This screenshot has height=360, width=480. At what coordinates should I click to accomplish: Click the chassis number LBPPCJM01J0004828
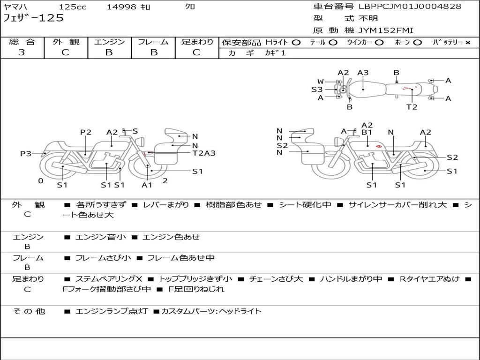410,7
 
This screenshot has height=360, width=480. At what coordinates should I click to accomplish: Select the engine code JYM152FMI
386,30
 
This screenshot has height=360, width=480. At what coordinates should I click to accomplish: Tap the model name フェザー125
33,18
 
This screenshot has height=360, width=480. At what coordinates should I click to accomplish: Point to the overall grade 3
22,52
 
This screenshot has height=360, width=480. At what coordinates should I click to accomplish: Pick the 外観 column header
66,42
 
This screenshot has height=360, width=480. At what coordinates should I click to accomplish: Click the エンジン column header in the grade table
109,42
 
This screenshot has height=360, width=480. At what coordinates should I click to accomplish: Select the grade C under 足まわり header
196,52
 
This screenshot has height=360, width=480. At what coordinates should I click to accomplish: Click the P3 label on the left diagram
26,153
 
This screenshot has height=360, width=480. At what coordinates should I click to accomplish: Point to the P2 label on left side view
85,132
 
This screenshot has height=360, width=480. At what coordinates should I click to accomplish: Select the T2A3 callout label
203,153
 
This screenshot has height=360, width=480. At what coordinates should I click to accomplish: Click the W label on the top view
320,81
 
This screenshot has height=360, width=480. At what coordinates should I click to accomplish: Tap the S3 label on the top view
317,89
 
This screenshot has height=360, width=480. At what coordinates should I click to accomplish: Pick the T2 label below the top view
412,107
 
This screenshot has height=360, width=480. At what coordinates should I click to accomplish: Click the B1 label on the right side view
367,132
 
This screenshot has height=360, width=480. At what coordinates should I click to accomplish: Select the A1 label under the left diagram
147,185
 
